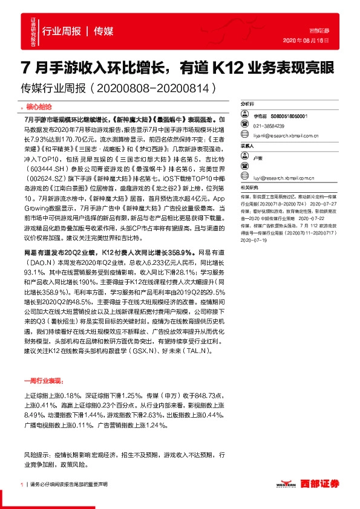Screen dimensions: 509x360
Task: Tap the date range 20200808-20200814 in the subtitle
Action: click(156, 88)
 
